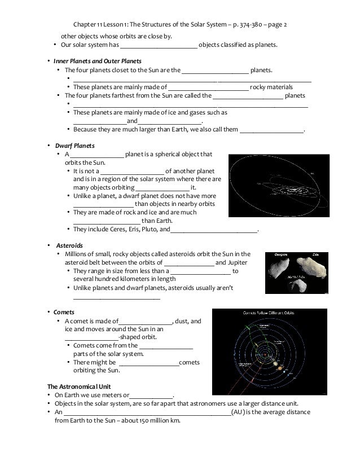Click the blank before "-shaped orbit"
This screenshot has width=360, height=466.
(x=87, y=337)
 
